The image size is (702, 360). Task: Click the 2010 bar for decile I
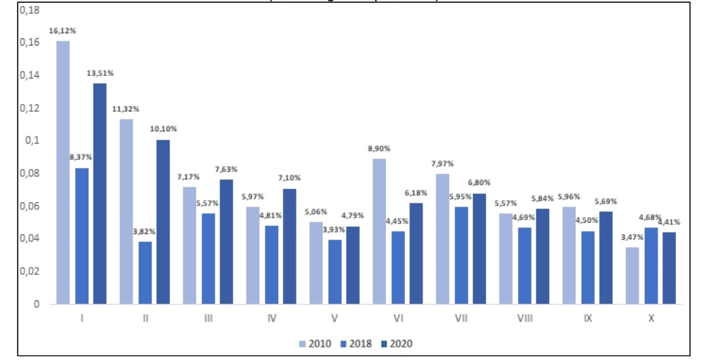click(63, 172)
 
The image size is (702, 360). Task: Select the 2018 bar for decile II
click(145, 272)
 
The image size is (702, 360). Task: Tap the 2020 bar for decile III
click(226, 241)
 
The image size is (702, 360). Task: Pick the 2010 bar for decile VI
click(379, 231)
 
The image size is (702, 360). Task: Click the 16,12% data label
click(62, 31)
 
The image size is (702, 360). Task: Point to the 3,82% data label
click(144, 231)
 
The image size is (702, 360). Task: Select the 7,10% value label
click(289, 179)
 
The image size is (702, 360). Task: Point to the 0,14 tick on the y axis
click(29, 75)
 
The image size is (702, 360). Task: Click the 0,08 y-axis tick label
click(29, 174)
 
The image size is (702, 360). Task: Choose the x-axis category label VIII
click(525, 318)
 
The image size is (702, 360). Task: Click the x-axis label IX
click(588, 318)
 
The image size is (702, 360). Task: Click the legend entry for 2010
click(316, 343)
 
